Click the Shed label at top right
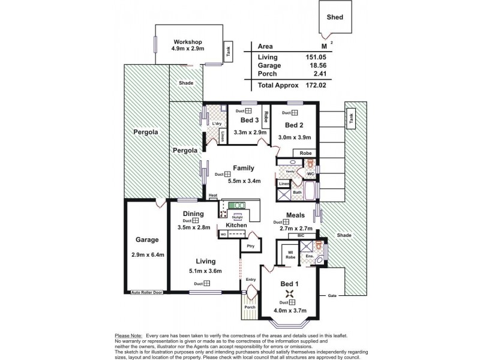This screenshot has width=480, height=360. (335, 17)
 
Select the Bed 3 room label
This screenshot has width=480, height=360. (241, 120)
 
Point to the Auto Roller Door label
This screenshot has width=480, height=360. (147, 292)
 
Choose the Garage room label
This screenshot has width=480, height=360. (146, 239)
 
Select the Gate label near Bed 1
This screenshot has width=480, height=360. (332, 295)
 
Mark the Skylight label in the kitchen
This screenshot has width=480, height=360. (238, 218)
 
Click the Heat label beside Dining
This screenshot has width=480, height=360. (212, 196)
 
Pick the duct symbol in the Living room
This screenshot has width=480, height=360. (206, 283)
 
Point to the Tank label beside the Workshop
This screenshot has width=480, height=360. (227, 52)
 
